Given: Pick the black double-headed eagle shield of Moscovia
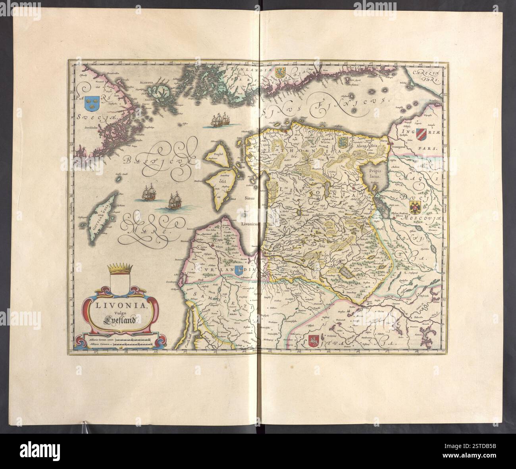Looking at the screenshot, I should point(415,206).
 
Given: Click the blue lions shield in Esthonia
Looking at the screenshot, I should point(342,142).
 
